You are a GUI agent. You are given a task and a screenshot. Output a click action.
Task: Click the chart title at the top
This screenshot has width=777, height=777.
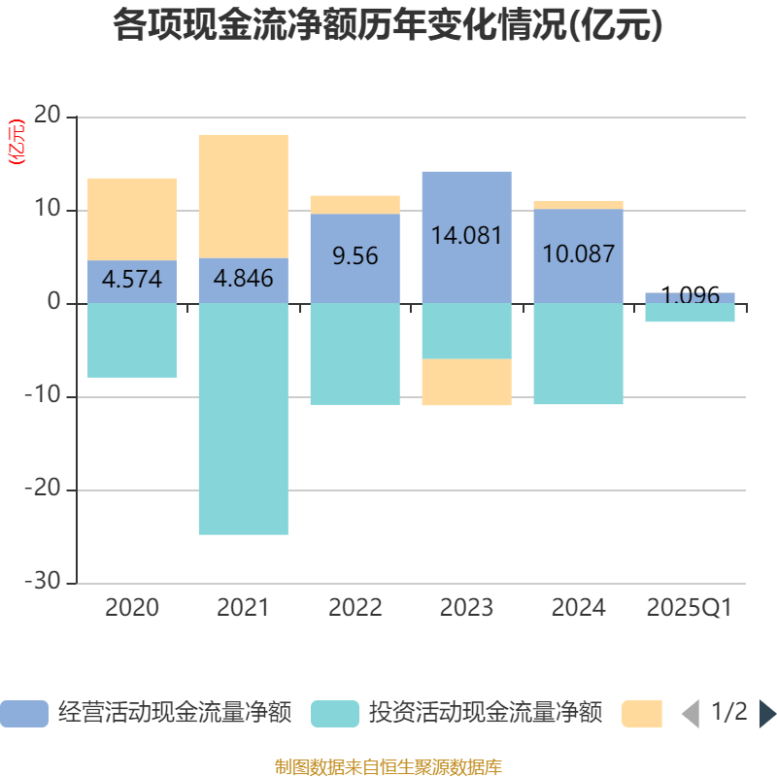[388, 26]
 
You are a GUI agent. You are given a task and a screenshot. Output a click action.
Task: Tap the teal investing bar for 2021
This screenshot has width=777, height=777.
[243, 419]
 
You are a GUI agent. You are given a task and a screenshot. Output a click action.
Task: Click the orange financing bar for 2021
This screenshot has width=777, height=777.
[243, 195]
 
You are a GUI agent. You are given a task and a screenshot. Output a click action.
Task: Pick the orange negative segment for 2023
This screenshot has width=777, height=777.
[466, 382]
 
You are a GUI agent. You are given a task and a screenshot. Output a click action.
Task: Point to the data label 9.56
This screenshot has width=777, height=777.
[355, 256]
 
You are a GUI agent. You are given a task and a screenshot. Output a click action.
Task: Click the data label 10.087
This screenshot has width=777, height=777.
[578, 254]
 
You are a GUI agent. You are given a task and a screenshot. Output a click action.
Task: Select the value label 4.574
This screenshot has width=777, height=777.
[132, 280]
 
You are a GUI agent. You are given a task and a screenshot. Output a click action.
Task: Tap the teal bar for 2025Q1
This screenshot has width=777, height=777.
[690, 314]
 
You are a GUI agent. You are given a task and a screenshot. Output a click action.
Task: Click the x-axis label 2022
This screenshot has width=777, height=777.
[355, 608]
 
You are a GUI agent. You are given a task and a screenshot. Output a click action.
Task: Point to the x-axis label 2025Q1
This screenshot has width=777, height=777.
[690, 608]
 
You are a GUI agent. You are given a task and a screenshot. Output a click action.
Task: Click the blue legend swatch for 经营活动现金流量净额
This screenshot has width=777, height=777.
[23, 714]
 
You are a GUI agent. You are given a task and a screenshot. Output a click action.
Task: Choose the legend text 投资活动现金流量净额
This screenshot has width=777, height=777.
[485, 714]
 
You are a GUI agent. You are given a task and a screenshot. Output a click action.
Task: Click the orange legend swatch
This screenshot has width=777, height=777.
[641, 714]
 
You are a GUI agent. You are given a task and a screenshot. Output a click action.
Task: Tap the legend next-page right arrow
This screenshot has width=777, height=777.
[767, 714]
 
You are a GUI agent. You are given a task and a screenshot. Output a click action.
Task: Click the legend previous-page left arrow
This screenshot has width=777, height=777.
[690, 714]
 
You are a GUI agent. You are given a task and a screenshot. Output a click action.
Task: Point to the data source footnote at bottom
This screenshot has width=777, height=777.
[388, 767]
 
